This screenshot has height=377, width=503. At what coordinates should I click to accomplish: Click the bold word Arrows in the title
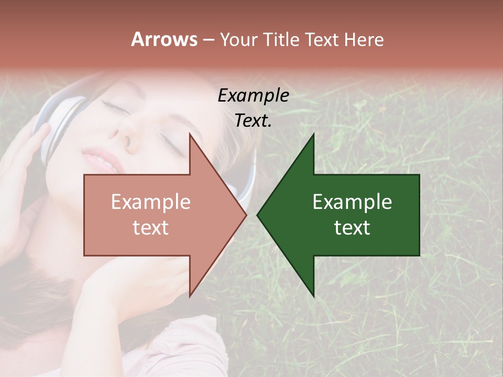165,39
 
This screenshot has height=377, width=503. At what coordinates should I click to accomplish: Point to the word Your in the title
237,39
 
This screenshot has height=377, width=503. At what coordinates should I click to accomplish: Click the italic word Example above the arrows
253,96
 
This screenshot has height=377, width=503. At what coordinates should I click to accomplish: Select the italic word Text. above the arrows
253,121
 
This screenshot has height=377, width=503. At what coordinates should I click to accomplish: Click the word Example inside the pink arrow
150,202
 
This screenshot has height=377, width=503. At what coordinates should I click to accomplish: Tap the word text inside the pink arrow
150,227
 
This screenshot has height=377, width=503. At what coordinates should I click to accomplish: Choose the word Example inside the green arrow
352,202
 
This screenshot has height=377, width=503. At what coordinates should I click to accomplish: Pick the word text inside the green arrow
352,227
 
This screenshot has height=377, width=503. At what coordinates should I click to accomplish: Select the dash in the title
208,40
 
